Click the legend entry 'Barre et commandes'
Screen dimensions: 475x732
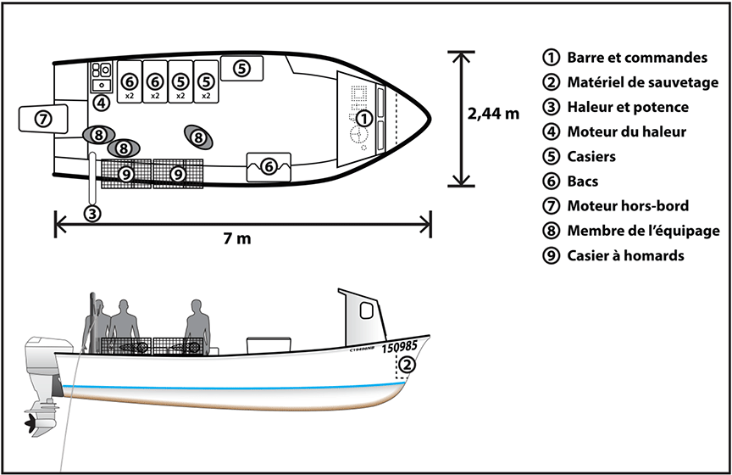[x=636, y=59]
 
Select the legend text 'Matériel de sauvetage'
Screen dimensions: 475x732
[x=643, y=83]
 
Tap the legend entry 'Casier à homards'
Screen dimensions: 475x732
[x=625, y=255]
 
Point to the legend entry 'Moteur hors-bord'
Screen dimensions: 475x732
[x=628, y=206]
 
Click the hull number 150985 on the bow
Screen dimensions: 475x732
[x=400, y=347]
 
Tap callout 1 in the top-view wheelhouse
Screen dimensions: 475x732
[x=364, y=118]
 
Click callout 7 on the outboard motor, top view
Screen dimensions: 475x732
[x=43, y=119]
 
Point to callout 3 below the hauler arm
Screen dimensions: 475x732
[x=92, y=214]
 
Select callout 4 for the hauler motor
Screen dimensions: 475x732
[x=100, y=103]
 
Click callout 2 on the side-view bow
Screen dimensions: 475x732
[x=408, y=365]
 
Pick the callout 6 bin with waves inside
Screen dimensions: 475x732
[x=269, y=166]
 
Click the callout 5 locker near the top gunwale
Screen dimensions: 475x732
[x=241, y=67]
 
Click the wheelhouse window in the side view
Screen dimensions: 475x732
[x=366, y=310]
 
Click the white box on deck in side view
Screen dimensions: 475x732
[x=263, y=345]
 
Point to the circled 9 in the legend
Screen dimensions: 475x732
[x=552, y=255]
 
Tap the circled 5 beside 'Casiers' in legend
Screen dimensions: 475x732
[x=552, y=157]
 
